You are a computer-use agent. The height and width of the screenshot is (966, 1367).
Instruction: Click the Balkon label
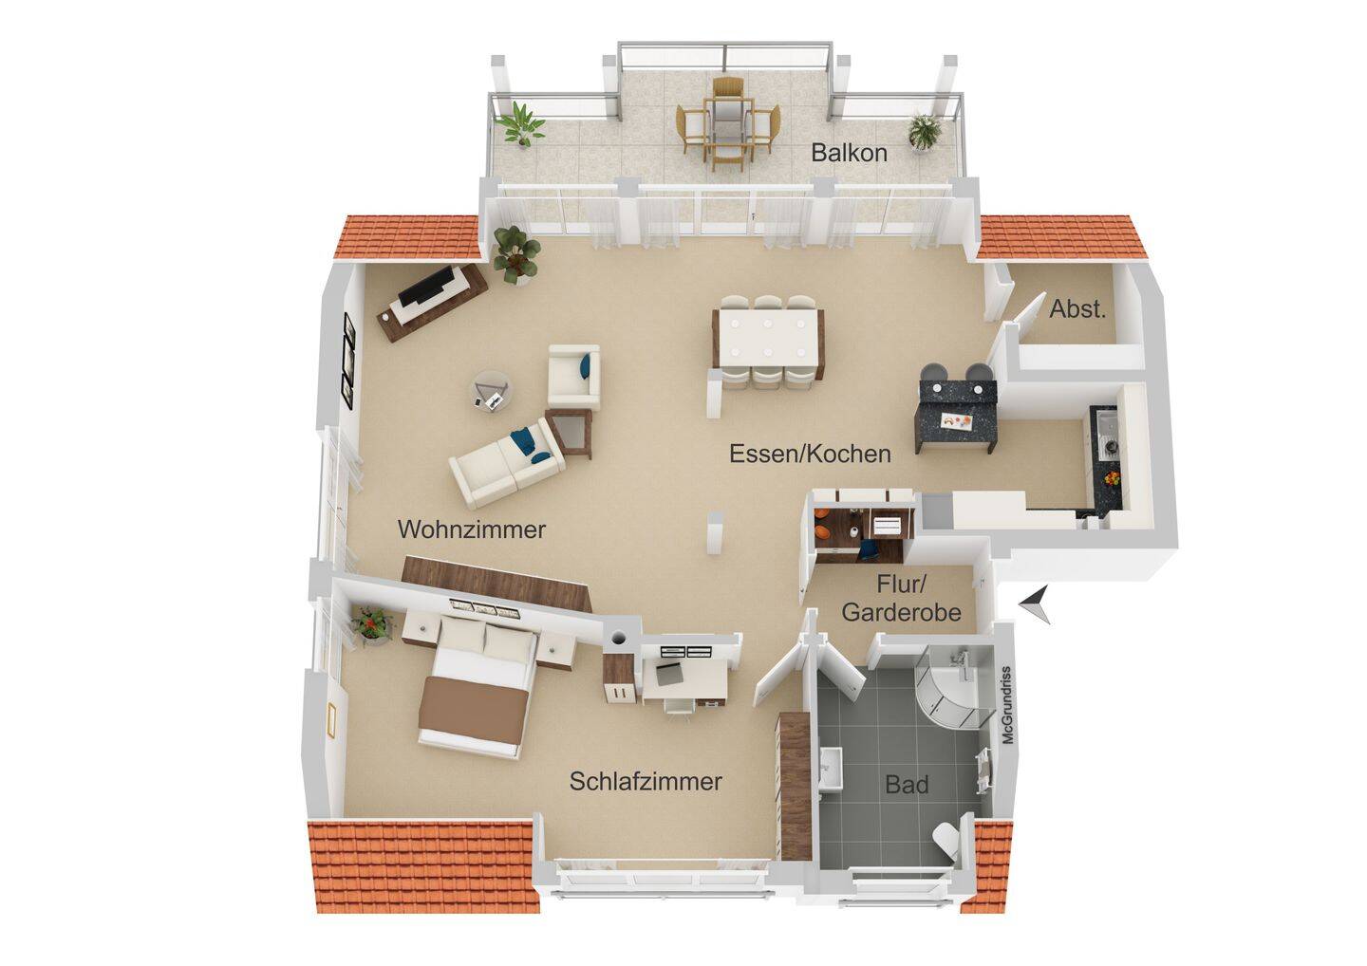point(849,153)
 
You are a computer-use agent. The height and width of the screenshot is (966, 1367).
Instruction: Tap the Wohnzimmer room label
point(471,529)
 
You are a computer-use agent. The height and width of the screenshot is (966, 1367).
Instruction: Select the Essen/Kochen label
point(810,454)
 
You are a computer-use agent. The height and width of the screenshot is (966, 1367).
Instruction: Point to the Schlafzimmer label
point(646,781)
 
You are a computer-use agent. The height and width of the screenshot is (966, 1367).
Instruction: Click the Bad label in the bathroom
point(907,784)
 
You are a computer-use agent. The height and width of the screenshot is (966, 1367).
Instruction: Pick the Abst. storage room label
point(1077,309)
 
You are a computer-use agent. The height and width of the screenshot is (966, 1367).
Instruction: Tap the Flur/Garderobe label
point(902,598)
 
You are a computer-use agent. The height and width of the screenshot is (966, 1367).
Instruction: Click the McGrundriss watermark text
point(1007,705)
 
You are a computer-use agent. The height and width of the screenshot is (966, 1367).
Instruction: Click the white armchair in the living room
point(573,376)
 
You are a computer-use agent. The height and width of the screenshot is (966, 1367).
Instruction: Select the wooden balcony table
point(727,128)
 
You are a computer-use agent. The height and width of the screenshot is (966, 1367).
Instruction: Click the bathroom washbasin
point(832,770)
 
